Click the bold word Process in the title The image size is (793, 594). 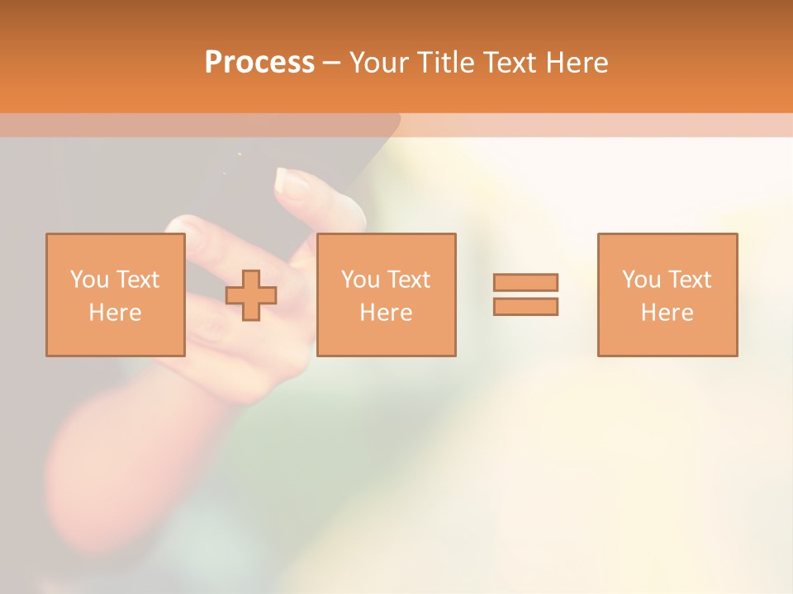point(259,63)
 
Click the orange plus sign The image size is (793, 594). point(252,295)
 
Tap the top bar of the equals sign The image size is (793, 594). point(525,282)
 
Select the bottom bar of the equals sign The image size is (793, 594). point(525,306)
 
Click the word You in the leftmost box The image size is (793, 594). point(89,280)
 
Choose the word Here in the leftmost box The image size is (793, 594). point(115,313)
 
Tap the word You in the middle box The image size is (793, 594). point(360,280)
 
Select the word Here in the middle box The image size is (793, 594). point(386,313)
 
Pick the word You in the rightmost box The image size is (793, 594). point(641,280)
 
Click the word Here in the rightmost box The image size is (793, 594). point(667,313)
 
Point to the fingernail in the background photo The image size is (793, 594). point(292,180)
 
